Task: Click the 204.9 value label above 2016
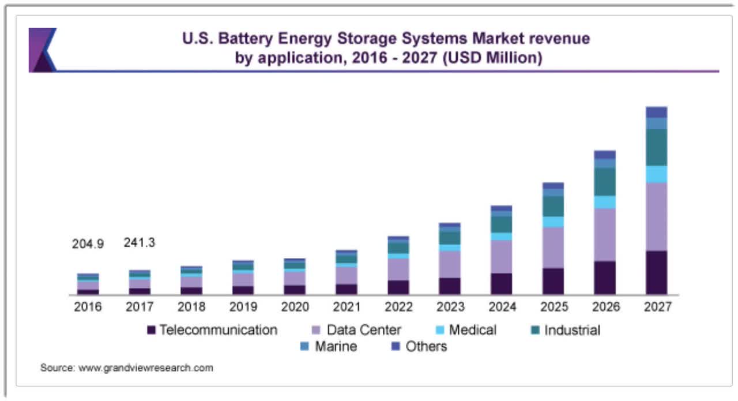[x=88, y=244]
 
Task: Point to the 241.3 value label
[x=140, y=243]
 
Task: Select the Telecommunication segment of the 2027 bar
[x=656, y=272]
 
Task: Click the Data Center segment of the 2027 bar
[x=656, y=216]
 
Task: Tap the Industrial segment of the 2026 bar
[x=605, y=182]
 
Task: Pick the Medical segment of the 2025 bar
[x=553, y=222]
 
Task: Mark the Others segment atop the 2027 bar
[x=656, y=112]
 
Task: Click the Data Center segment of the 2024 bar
[x=501, y=256]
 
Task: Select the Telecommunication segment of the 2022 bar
[x=398, y=287]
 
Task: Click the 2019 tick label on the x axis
[x=242, y=307]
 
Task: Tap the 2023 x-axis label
[x=450, y=307]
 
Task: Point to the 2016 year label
[x=88, y=307]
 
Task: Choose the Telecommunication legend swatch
[x=152, y=331]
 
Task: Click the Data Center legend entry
[x=363, y=330]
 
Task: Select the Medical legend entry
[x=472, y=330]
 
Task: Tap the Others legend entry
[x=426, y=347]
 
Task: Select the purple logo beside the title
[x=42, y=50]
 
